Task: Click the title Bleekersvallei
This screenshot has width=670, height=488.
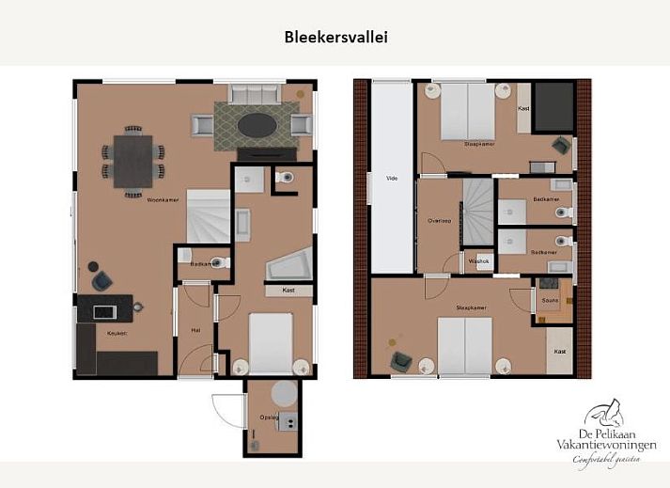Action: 335,38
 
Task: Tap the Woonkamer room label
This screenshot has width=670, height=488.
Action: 137,199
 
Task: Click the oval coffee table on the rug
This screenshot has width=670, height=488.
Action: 257,124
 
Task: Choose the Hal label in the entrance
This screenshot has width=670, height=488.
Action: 195,330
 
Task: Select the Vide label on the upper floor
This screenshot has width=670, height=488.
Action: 391,176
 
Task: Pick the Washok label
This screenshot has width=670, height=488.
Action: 478,261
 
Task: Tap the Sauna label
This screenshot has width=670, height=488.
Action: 550,300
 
